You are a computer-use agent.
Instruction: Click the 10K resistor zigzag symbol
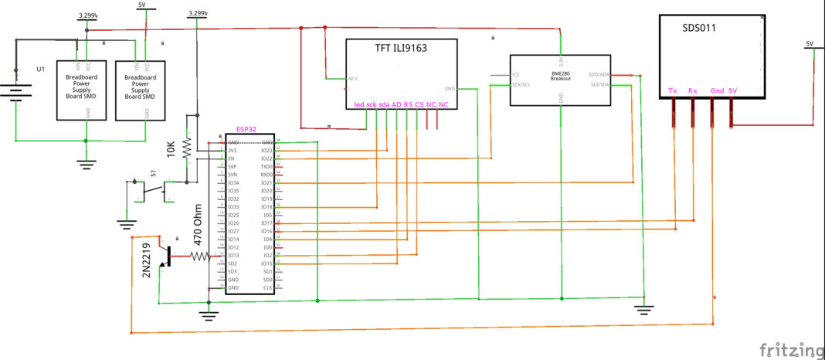pos(186,146)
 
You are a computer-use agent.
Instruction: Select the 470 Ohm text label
pos(198,224)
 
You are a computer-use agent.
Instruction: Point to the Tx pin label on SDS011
pos(674,90)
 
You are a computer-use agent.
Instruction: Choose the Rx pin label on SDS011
pos(693,90)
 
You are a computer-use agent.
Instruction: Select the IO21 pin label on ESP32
pos(267,182)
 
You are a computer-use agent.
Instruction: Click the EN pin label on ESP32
pos(230,158)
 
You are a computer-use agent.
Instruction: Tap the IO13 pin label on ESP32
pos(233,255)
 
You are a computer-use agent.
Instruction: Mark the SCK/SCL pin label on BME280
pos(521,83)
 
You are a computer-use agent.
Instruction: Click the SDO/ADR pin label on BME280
pos(599,75)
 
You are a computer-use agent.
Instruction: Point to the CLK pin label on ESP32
pos(268,287)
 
